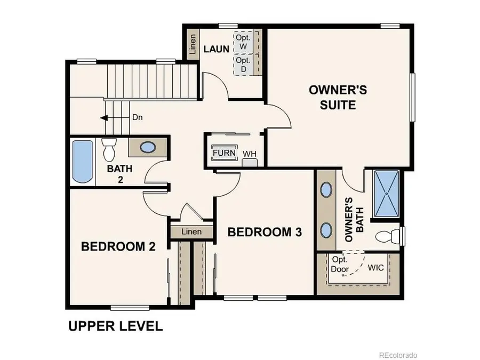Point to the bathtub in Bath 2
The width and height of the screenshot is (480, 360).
click(x=82, y=162)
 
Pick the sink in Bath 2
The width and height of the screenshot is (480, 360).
click(x=147, y=148)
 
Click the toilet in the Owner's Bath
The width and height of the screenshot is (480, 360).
click(x=388, y=235)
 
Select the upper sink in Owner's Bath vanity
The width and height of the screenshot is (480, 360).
click(x=326, y=190)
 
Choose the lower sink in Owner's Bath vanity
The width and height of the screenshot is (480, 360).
click(x=326, y=229)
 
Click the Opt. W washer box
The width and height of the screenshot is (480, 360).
click(x=243, y=42)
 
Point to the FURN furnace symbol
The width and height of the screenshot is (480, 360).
click(x=223, y=153)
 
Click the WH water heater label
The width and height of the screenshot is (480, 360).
click(x=250, y=154)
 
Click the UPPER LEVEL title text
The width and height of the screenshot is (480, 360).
click(x=115, y=326)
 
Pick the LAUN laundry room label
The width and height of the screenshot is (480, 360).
click(x=217, y=49)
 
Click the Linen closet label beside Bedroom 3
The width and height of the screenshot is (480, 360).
click(x=191, y=232)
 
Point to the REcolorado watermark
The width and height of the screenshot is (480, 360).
click(x=398, y=355)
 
